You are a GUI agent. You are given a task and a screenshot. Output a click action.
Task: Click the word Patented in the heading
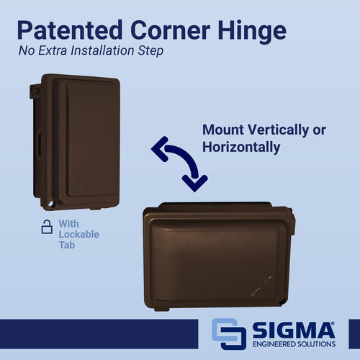[70, 30]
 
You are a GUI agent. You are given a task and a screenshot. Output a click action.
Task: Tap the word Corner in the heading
[171, 30]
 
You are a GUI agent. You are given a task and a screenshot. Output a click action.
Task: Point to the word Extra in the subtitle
[53, 50]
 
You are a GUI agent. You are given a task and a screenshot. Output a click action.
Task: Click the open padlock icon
[47, 227]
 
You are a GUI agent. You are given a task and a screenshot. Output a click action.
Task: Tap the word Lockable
[79, 234]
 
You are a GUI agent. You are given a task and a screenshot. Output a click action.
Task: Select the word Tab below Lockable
[67, 245]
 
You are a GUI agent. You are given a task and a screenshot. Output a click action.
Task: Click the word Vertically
[279, 130]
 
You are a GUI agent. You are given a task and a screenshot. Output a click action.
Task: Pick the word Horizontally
[241, 147]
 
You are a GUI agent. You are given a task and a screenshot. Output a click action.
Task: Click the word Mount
[223, 130]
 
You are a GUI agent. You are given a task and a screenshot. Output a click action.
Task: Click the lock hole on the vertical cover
[50, 204]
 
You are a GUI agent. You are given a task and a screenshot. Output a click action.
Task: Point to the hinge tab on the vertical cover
[34, 91]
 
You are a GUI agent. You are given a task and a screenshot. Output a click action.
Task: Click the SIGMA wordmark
[294, 330]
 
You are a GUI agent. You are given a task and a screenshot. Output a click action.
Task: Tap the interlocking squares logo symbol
[229, 334]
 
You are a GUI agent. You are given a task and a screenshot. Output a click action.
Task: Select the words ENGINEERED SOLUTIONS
[294, 344]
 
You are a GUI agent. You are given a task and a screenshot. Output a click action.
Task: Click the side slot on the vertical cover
[39, 145]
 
